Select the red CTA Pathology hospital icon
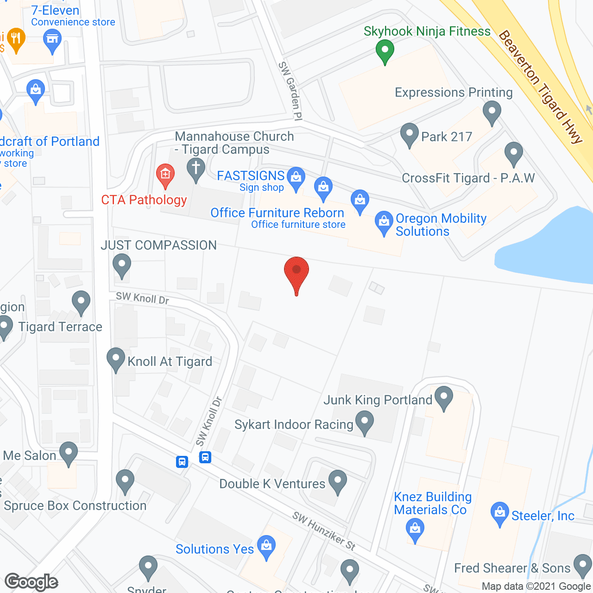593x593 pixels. click(165, 175)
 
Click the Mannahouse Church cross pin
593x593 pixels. click(196, 169)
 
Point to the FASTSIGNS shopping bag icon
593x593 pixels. click(296, 177)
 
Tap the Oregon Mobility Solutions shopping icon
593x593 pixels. click(384, 222)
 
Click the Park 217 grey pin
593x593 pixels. click(409, 134)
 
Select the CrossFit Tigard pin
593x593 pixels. click(514, 152)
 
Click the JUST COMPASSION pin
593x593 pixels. click(122, 265)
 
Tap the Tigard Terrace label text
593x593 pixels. click(60, 327)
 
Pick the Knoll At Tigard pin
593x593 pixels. click(116, 359)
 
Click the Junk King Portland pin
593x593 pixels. click(444, 397)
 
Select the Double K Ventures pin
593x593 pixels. click(338, 481)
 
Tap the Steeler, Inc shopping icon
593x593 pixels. click(499, 513)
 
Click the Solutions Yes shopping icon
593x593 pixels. click(266, 546)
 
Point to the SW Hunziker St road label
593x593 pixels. click(324, 531)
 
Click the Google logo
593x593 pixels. click(32, 582)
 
